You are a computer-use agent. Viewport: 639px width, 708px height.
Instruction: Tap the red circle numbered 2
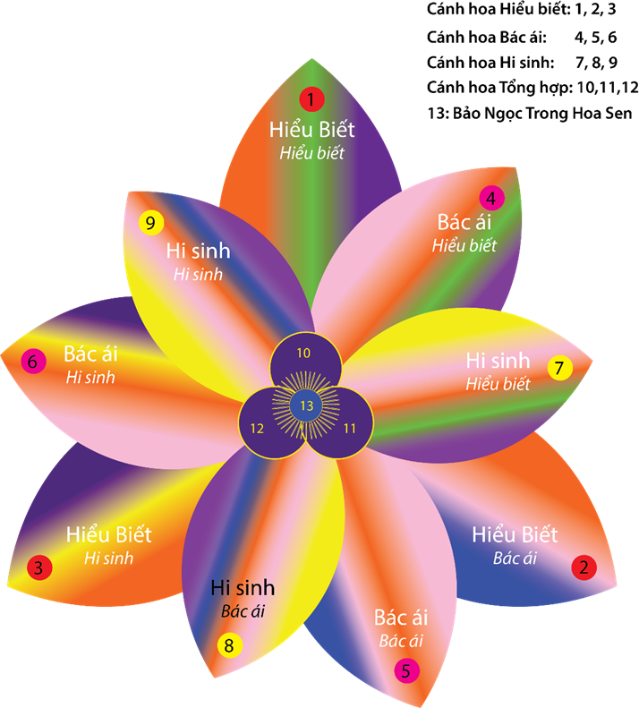[584, 567]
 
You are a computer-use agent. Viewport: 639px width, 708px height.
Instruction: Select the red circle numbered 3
[38, 567]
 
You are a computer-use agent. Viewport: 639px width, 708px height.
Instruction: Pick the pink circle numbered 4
[490, 198]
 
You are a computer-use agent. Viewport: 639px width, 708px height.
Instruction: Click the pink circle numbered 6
[33, 362]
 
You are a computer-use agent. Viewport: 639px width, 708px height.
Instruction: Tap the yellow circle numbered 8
[228, 644]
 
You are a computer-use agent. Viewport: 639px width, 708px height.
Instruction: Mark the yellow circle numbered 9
[151, 221]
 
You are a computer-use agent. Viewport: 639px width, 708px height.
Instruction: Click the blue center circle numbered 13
[307, 405]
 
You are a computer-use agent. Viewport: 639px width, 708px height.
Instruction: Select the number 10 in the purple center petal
[303, 353]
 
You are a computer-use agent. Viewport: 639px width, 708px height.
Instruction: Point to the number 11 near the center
[350, 429]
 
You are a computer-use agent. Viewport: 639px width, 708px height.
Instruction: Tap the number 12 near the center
[258, 429]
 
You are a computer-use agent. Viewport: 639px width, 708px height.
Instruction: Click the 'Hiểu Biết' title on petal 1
[311, 130]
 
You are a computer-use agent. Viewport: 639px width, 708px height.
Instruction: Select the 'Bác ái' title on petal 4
[464, 221]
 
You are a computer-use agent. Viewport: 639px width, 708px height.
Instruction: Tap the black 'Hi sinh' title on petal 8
[243, 588]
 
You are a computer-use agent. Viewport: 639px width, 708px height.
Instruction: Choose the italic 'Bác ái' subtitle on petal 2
[515, 559]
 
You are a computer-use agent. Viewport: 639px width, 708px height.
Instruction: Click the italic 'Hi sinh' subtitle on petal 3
[108, 558]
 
